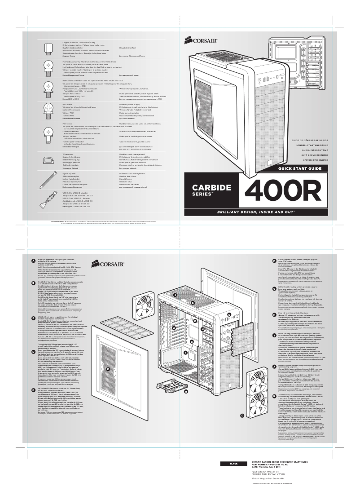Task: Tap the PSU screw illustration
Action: click(x=48, y=109)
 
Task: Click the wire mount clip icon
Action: click(x=48, y=159)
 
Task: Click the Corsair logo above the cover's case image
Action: click(x=201, y=42)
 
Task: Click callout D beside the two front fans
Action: click(x=242, y=416)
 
